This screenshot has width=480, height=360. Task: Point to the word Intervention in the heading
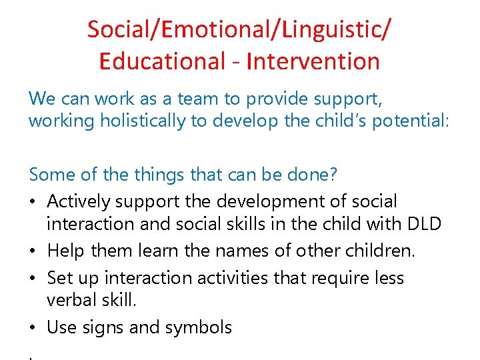pyautogui.click(x=313, y=61)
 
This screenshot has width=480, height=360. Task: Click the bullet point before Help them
pyautogui.click(x=33, y=251)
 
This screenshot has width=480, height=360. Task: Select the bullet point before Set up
pyautogui.click(x=33, y=277)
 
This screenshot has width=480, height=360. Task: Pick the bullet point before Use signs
pyautogui.click(x=33, y=327)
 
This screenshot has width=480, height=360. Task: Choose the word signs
pyautogui.click(x=101, y=327)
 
